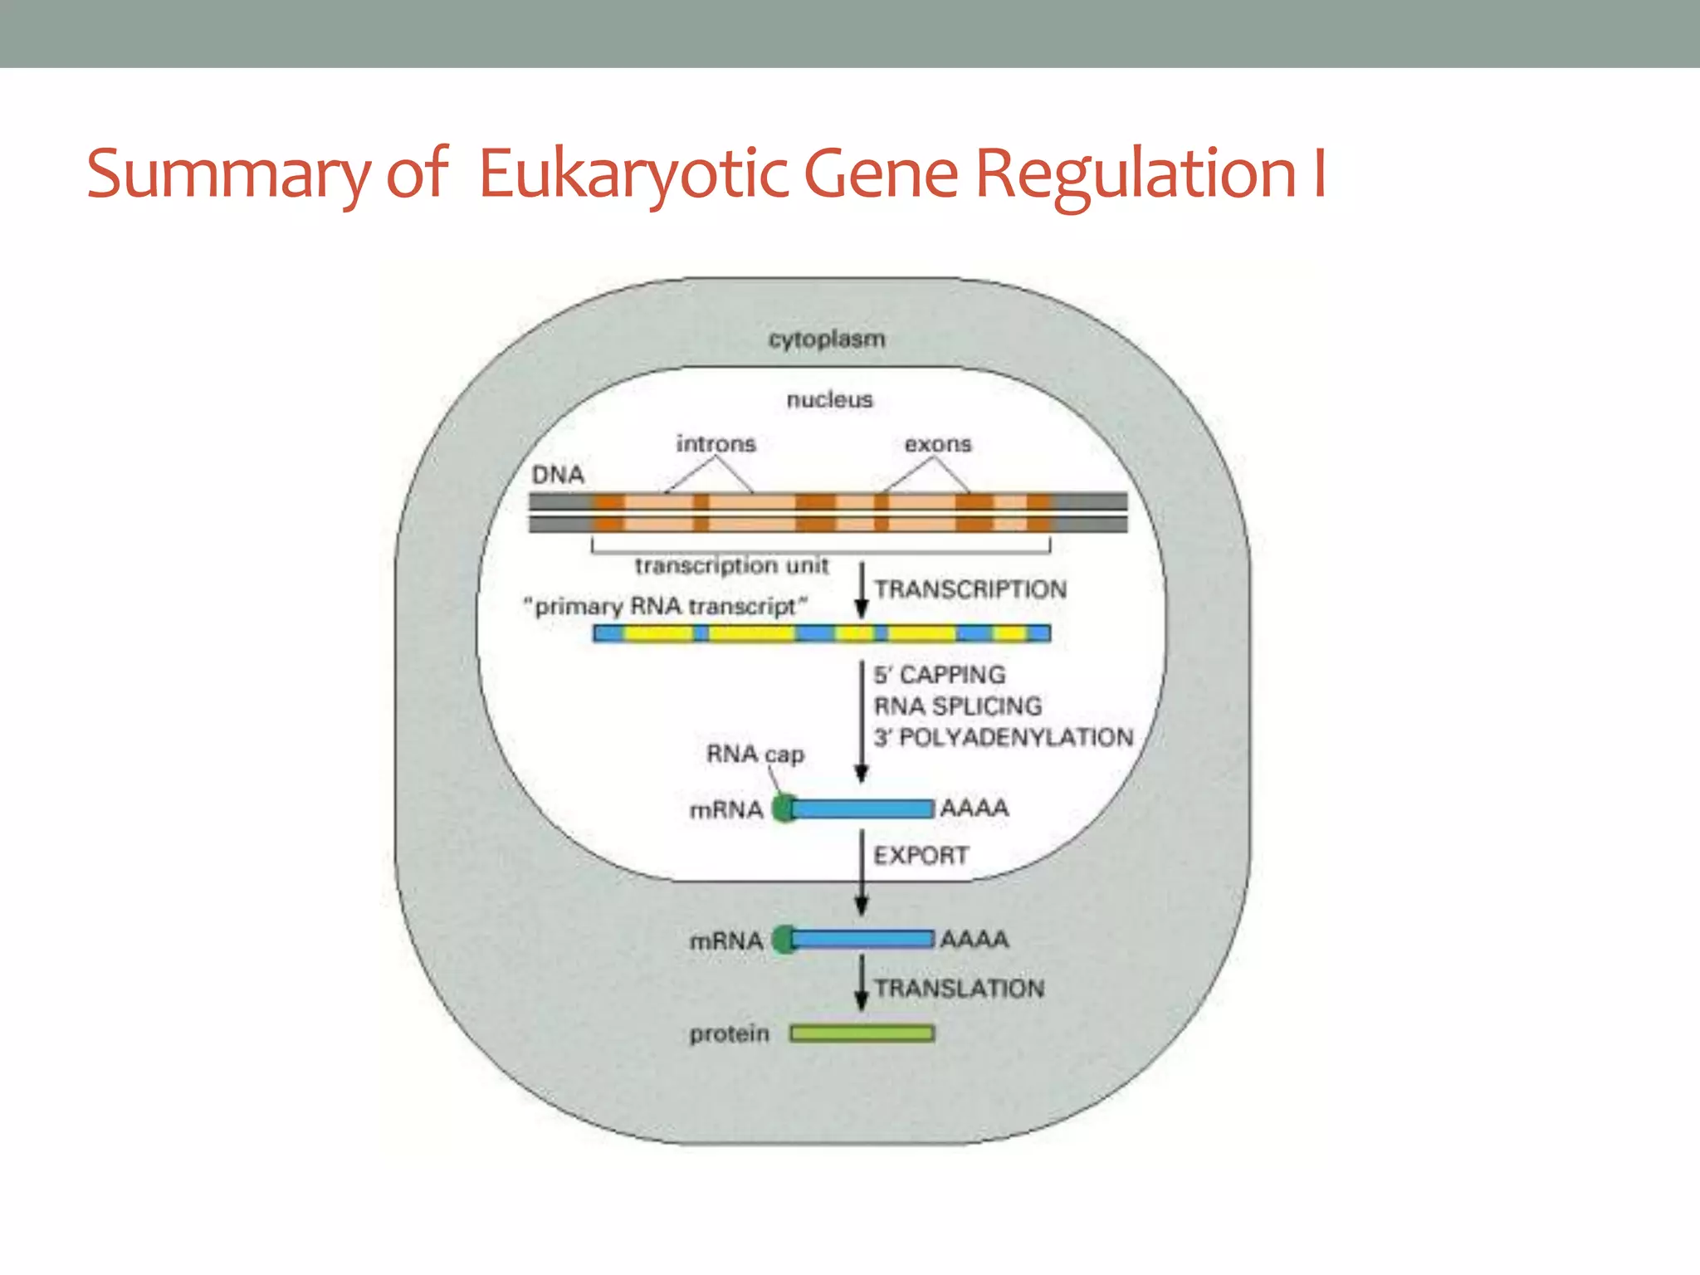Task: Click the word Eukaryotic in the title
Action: tap(633, 174)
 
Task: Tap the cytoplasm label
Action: tap(827, 340)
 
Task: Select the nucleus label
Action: tap(829, 400)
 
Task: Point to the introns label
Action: tap(716, 444)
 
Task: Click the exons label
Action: tap(937, 444)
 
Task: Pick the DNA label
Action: tap(558, 475)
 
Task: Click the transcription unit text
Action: tap(731, 566)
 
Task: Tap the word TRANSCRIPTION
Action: tap(970, 589)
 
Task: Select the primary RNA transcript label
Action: tap(665, 607)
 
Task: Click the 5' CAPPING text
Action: tap(939, 675)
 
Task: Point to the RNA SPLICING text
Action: tap(958, 706)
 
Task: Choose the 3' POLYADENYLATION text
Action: tap(1003, 737)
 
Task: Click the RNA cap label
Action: tap(755, 755)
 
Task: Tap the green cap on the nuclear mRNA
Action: tap(782, 808)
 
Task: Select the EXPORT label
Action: tap(921, 855)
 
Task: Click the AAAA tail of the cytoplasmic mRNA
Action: tap(975, 940)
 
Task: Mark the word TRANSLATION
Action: tap(959, 989)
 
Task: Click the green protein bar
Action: tap(862, 1033)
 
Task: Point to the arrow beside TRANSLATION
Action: tap(862, 983)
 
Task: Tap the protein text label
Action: tap(729, 1034)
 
